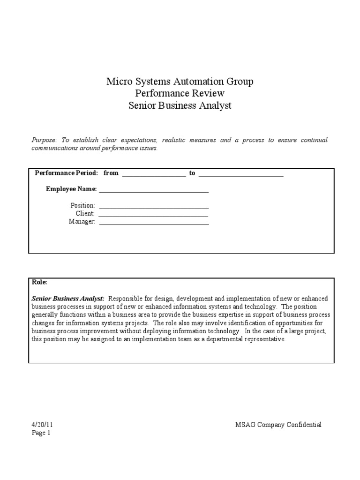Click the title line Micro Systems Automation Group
pyautogui.click(x=180, y=82)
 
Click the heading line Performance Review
pyautogui.click(x=180, y=93)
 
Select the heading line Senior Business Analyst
pyautogui.click(x=180, y=105)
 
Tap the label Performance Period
pyautogui.click(x=66, y=173)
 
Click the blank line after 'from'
pyautogui.click(x=154, y=174)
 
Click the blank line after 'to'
pyautogui.click(x=241, y=174)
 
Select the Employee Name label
pyautogui.click(x=71, y=189)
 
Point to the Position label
pyautogui.click(x=82, y=205)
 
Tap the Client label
pyautogui.click(x=85, y=213)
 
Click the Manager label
pyautogui.click(x=82, y=222)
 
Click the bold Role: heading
pyautogui.click(x=39, y=283)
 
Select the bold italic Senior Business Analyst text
pyautogui.click(x=68, y=299)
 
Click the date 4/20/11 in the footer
pyautogui.click(x=40, y=425)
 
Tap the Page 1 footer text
pyautogui.click(x=41, y=433)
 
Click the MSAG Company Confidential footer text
pyautogui.click(x=278, y=425)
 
